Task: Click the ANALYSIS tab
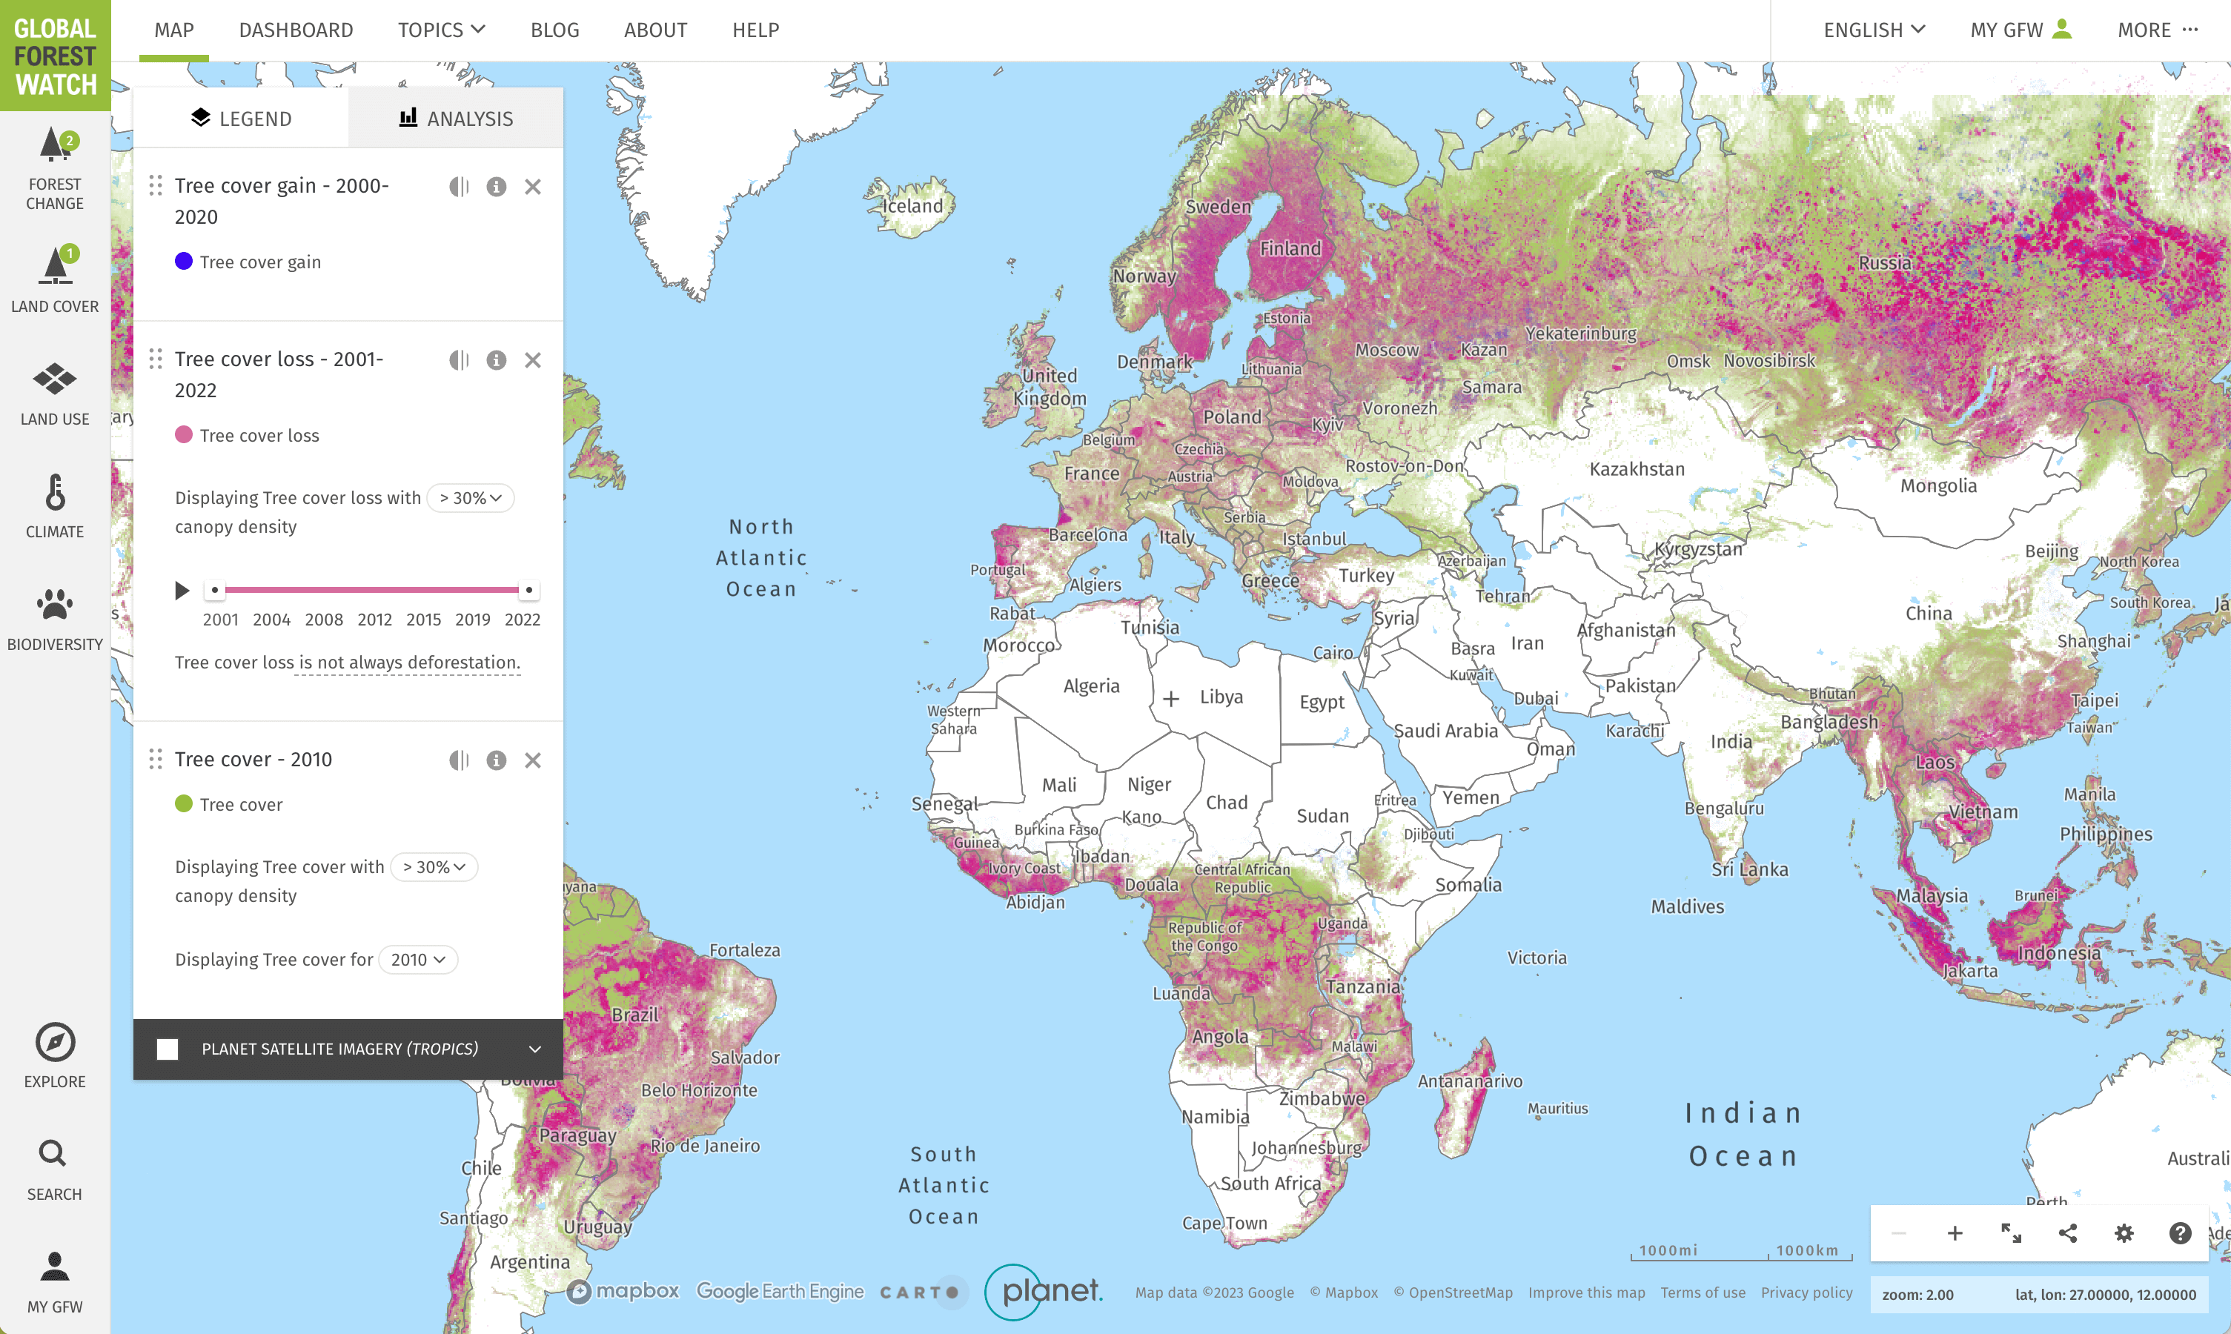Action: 456,119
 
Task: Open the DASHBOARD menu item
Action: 296,30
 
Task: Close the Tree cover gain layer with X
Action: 533,187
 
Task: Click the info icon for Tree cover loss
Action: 496,360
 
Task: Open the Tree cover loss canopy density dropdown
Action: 470,498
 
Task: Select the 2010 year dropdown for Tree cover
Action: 418,959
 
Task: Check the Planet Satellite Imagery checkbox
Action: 168,1049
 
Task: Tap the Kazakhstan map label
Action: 1637,469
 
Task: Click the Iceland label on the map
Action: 912,206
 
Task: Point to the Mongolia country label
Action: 1939,486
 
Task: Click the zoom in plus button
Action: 1954,1233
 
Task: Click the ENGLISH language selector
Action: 1873,30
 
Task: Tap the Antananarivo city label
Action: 1470,1081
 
